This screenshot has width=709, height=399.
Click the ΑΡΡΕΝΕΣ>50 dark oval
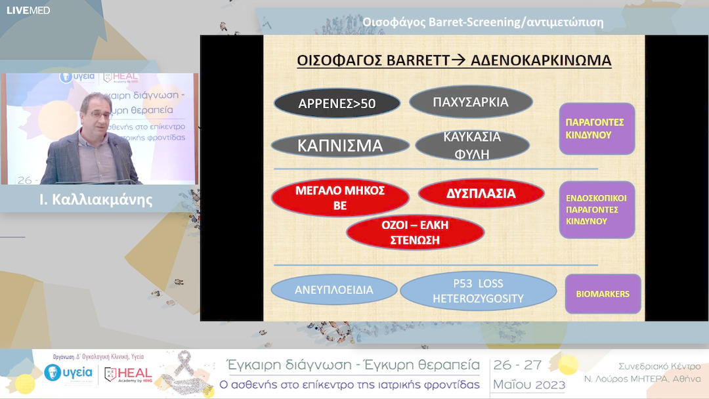(337, 103)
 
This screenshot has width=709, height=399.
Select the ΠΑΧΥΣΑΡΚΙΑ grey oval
(471, 102)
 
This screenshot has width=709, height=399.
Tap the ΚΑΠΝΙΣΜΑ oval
(340, 146)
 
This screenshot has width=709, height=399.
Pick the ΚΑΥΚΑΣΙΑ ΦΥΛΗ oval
(473, 145)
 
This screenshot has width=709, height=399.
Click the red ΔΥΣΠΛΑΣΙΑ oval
(481, 194)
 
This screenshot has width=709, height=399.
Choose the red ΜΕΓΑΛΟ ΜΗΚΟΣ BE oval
(340, 198)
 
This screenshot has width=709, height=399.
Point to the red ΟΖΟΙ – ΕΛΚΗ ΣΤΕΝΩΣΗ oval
(415, 232)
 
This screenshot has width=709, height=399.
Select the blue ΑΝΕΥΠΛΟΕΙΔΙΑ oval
(334, 289)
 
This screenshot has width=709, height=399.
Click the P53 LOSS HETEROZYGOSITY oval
(478, 291)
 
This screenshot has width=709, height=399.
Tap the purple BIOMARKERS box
(603, 294)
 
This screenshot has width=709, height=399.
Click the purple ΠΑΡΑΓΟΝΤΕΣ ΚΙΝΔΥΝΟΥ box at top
(597, 129)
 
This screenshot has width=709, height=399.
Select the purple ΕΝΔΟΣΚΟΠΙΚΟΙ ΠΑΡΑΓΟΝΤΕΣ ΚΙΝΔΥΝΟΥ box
(597, 209)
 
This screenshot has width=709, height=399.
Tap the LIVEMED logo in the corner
(28, 10)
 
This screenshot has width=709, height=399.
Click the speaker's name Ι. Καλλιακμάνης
(97, 200)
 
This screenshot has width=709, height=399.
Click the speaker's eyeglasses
(98, 115)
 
